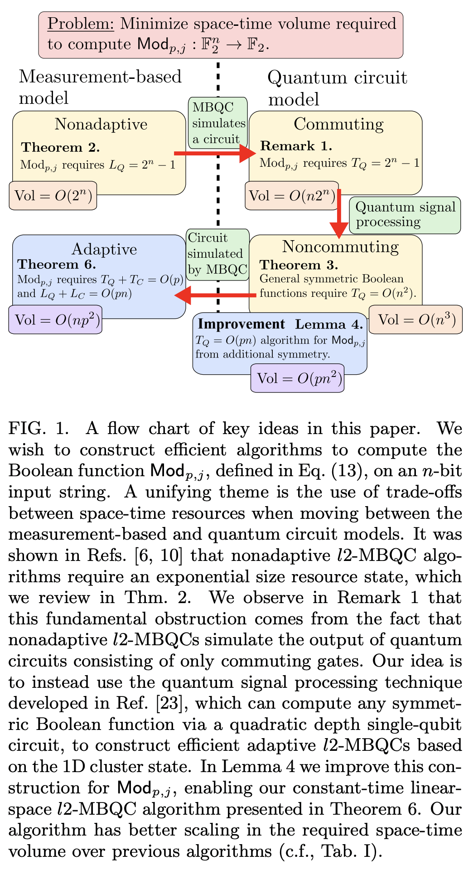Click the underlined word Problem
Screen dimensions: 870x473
[81, 24]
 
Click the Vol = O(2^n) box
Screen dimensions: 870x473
[53, 196]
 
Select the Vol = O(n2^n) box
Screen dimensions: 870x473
[292, 196]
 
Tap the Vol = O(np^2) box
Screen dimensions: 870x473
[55, 320]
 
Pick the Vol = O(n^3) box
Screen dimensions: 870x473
[415, 320]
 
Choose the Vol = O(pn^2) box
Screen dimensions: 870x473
[297, 378]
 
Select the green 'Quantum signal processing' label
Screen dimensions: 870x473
[405, 215]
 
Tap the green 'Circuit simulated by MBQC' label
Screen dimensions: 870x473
[218, 254]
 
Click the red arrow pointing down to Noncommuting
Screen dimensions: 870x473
[338, 213]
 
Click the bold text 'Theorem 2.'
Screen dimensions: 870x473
[60, 148]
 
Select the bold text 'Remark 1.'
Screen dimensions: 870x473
[296, 146]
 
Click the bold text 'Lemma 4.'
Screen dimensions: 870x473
[329, 325]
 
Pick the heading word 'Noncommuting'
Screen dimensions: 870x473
[340, 247]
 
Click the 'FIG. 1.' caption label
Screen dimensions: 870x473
[39, 429]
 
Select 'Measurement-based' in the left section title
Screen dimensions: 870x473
[100, 77]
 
